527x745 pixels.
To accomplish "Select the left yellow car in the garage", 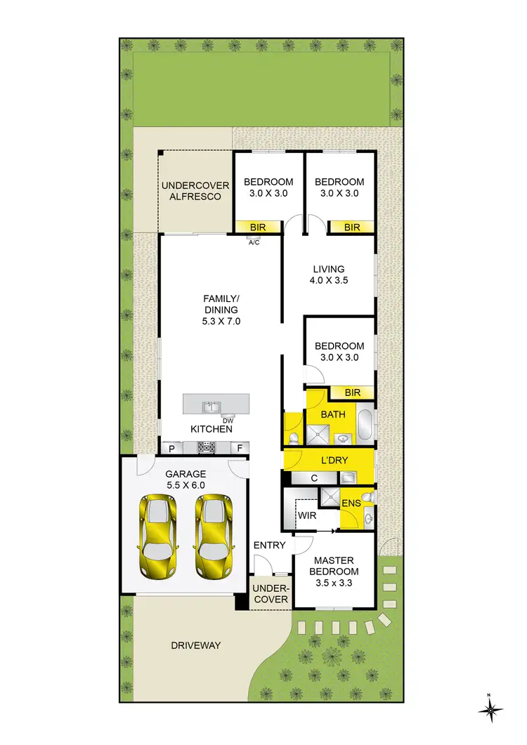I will pos(159,536).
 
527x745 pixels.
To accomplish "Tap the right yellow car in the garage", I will pos(213,536).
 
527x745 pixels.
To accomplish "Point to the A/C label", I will pos(254,242).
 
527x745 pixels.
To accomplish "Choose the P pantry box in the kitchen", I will pos(171,447).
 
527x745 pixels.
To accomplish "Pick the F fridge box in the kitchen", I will pos(239,447).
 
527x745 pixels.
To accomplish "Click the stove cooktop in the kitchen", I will pos(207,447).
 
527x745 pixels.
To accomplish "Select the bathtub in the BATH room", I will pos(365,426).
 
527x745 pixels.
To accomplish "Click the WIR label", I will pos(306,516).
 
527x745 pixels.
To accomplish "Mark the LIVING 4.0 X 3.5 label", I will pos(329,275).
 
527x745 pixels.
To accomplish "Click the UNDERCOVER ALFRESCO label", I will pos(191,191).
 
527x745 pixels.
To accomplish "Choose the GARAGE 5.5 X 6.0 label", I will pos(186,480).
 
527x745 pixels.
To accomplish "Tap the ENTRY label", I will pos(269,546).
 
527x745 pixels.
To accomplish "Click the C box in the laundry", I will pos(313,478).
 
